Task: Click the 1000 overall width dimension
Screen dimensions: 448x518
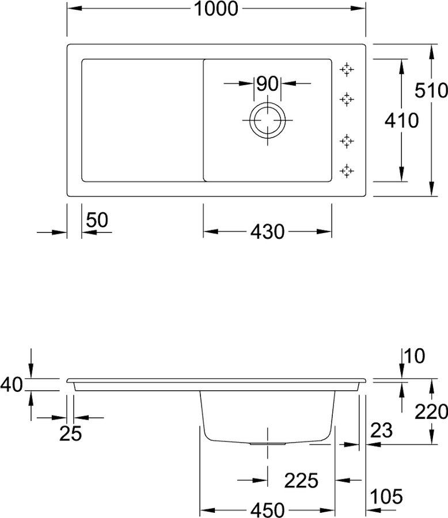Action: tap(215, 9)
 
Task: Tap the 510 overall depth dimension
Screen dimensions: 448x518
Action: tap(431, 90)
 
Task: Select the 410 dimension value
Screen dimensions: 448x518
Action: tap(401, 120)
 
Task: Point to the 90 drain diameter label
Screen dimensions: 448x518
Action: tap(268, 83)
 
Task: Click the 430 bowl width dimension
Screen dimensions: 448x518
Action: tap(267, 231)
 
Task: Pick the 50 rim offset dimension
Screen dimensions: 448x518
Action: tap(97, 220)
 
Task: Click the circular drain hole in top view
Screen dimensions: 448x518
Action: tap(268, 120)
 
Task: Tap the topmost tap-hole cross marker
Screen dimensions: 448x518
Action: tap(347, 70)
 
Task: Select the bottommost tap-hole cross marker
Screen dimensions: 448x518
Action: tap(347, 171)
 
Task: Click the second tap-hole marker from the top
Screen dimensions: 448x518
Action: tap(347, 99)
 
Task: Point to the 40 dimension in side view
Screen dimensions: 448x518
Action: tap(12, 385)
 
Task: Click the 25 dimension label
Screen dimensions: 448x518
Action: tap(70, 434)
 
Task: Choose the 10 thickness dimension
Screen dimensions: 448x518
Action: tap(414, 356)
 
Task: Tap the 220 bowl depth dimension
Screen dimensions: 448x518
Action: tap(431, 412)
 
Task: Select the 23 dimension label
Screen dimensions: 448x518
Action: tap(381, 430)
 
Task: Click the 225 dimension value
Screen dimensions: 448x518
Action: tap(301, 481)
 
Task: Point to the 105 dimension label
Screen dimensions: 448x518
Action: tap(386, 497)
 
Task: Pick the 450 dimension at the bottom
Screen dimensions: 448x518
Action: tap(267, 510)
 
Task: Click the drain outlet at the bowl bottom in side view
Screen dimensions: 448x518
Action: tap(268, 444)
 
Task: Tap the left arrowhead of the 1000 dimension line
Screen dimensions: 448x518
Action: tap(74, 8)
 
